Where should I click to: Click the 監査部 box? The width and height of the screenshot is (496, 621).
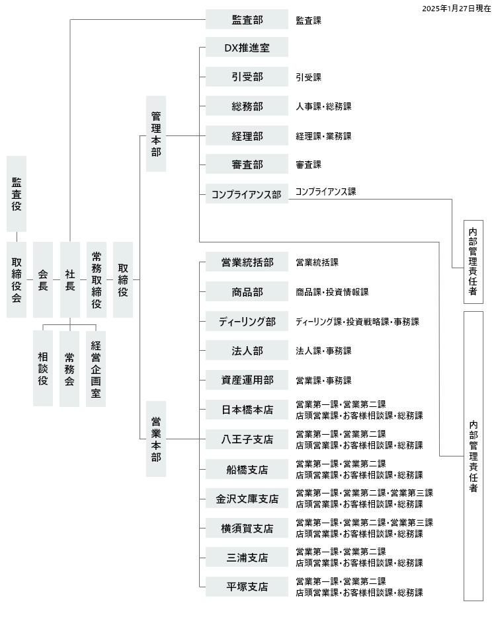pyautogui.click(x=247, y=19)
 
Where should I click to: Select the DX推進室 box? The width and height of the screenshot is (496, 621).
pyautogui.click(x=247, y=47)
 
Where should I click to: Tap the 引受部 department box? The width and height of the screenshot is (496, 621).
pyautogui.click(x=247, y=77)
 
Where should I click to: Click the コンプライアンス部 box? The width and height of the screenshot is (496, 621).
pyautogui.click(x=247, y=194)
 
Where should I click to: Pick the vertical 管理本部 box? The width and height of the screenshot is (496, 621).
pyautogui.click(x=156, y=133)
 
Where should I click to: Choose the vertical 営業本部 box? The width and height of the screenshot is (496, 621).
pyautogui.click(x=156, y=439)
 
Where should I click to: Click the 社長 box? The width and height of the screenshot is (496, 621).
pyautogui.click(x=70, y=279)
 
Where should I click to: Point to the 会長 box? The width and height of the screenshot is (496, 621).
pyautogui.click(x=43, y=279)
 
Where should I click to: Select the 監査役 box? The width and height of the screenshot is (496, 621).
pyautogui.click(x=17, y=194)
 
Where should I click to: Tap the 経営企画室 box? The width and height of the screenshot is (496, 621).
pyautogui.click(x=96, y=369)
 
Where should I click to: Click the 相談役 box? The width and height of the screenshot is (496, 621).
pyautogui.click(x=43, y=369)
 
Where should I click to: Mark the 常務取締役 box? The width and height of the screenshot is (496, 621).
pyautogui.click(x=97, y=279)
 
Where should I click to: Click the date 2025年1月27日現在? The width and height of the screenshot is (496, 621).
pyautogui.click(x=456, y=9)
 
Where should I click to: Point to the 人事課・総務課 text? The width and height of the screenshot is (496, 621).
pyautogui.click(x=323, y=106)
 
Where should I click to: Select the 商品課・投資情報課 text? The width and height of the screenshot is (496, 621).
pyautogui.click(x=332, y=292)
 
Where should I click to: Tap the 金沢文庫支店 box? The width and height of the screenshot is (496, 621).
pyautogui.click(x=247, y=499)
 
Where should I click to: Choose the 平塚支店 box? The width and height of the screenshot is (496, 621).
pyautogui.click(x=247, y=587)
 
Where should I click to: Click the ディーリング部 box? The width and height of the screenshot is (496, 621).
pyautogui.click(x=247, y=321)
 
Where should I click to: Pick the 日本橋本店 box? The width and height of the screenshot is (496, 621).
pyautogui.click(x=247, y=410)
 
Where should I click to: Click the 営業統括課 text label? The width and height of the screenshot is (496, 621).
pyautogui.click(x=317, y=262)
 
